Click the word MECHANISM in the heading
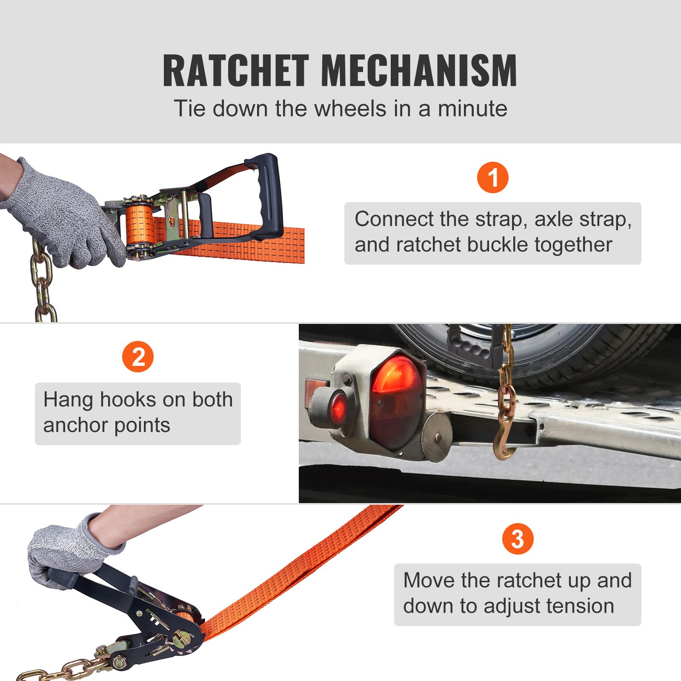[419, 71]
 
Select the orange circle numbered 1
[492, 177]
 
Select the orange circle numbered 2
[138, 357]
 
